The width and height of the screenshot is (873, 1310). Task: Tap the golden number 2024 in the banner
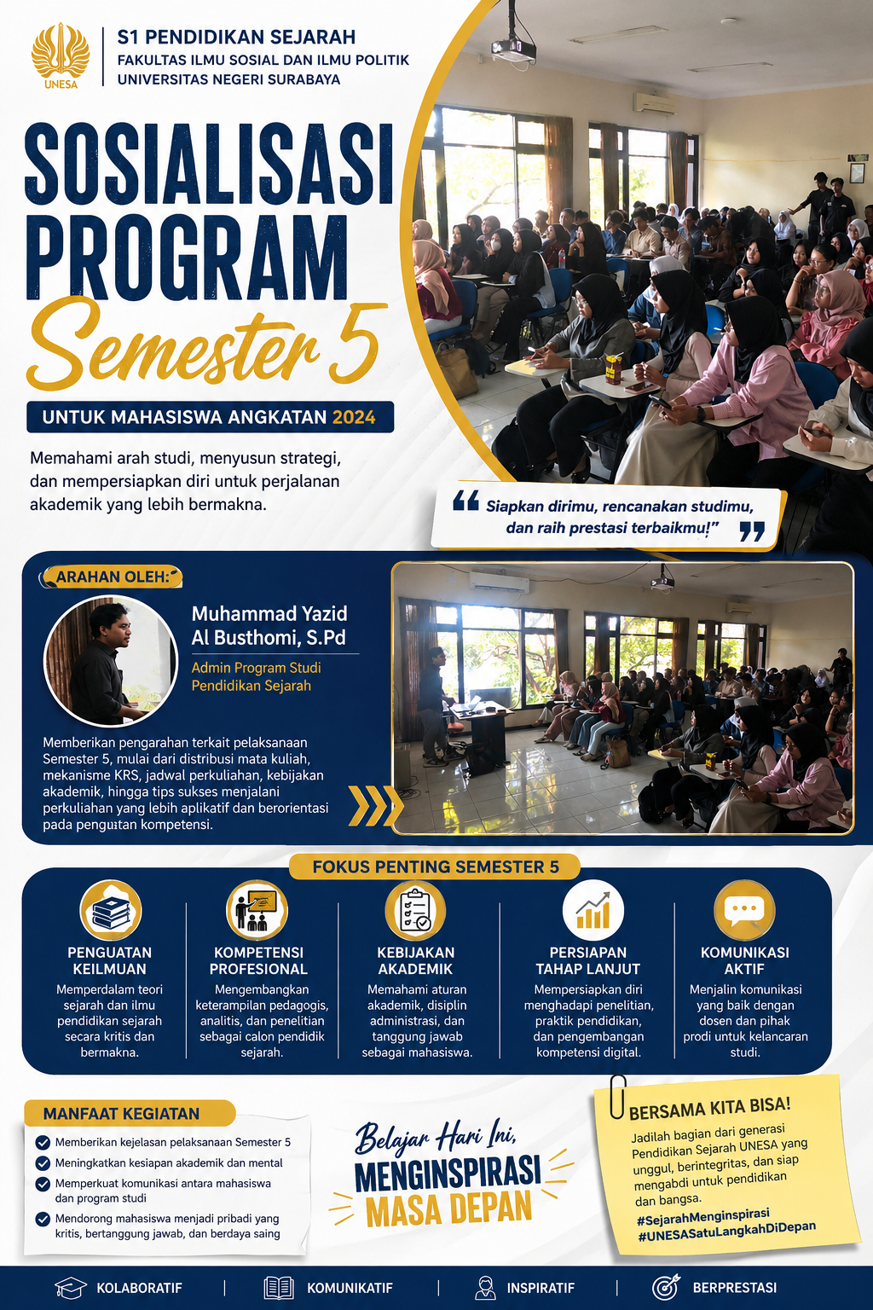click(354, 417)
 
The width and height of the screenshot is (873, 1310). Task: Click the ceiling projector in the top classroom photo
click(513, 48)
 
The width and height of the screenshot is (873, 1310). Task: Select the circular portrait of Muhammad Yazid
click(111, 660)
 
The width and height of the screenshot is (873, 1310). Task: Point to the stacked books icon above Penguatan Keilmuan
click(111, 910)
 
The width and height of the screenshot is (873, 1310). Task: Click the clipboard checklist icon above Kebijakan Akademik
click(415, 910)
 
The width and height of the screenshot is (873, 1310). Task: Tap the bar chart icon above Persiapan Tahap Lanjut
click(593, 910)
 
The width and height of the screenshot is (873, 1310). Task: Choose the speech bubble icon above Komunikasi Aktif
click(744, 910)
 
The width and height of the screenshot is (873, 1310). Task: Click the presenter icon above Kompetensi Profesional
click(257, 910)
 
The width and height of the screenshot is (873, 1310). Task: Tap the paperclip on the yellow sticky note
click(617, 1096)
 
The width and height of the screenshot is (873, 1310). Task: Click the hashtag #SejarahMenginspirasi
click(702, 1216)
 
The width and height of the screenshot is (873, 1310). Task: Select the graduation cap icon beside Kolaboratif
click(71, 1288)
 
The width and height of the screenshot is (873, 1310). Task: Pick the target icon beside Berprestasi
click(667, 1287)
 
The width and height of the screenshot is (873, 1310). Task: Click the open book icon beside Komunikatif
click(279, 1288)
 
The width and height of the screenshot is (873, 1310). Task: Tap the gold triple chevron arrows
click(375, 806)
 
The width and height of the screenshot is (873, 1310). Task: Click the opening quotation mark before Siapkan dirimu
click(466, 501)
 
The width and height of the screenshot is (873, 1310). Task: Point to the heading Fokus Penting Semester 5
click(436, 867)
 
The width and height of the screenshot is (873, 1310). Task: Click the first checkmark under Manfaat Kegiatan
click(43, 1142)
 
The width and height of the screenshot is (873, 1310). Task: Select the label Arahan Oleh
click(113, 577)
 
